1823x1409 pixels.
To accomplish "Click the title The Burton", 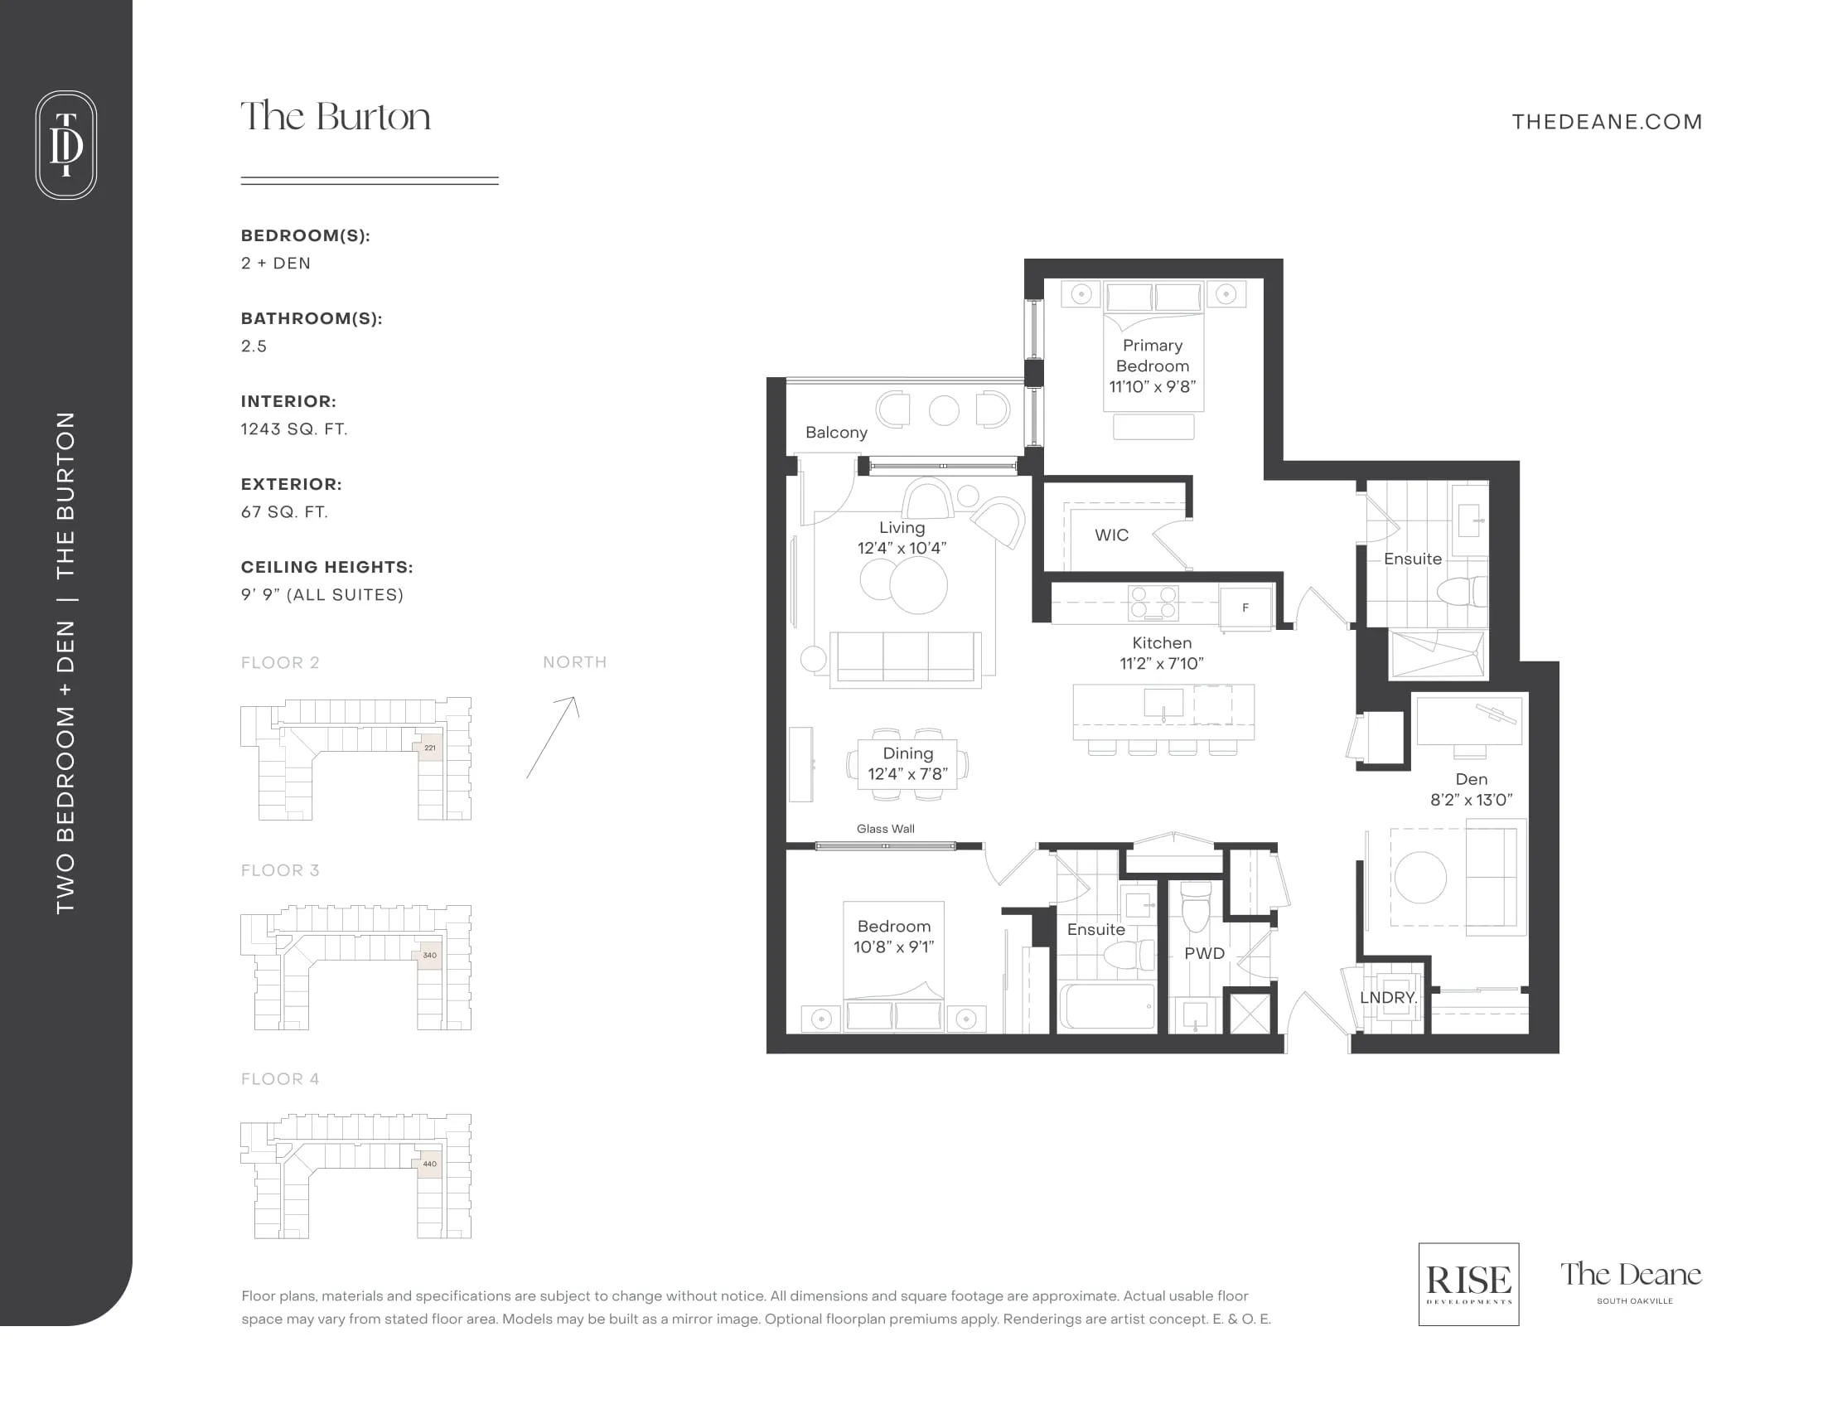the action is point(336,116).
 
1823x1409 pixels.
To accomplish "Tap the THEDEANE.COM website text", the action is point(1607,122).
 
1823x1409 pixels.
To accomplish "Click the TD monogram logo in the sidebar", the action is point(66,144).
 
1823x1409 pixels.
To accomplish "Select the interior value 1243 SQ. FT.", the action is point(294,429).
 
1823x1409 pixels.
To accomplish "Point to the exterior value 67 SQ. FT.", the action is point(284,511).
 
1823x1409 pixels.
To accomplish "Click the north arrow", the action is point(552,737).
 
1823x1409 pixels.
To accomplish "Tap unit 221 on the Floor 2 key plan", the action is point(430,747).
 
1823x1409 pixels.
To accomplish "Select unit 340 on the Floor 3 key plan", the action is point(430,956).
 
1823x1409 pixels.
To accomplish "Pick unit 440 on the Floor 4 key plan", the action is point(430,1164).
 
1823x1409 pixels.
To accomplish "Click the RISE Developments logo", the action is point(1468,1284).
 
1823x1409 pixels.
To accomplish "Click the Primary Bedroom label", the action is point(1153,356).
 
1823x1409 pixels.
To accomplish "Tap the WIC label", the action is point(1112,535).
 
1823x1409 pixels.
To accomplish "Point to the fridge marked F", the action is point(1245,608).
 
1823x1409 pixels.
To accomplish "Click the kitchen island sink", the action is point(1163,703).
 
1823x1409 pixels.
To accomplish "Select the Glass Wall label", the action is point(886,829).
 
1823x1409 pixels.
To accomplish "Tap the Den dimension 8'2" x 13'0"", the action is point(1472,800).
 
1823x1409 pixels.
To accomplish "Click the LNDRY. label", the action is point(1388,997).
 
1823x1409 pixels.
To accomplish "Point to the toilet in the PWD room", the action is point(1196,907).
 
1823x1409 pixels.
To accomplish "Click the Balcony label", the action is point(836,433).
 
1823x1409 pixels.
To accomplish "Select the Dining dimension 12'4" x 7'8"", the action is point(908,774).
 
